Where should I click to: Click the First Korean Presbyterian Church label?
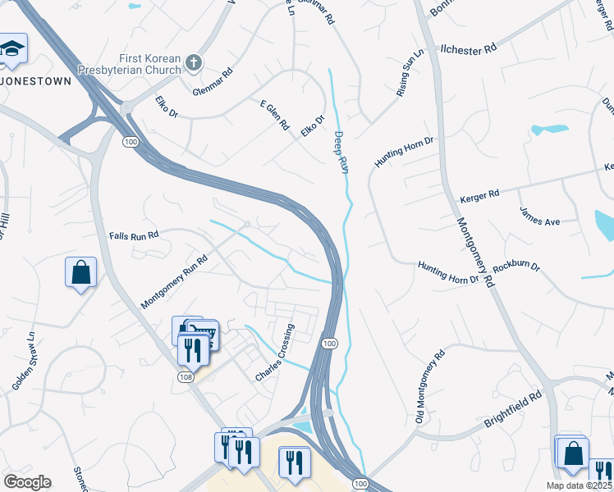130,64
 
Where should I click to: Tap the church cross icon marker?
193,62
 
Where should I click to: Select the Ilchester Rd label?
469,49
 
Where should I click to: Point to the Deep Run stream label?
341,152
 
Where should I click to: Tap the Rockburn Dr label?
518,266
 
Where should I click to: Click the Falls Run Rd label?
133,235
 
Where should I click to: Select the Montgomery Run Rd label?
174,280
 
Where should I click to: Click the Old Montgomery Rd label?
429,387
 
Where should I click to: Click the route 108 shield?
187,375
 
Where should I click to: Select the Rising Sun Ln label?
410,73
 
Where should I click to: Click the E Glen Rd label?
275,117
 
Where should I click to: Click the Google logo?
27,482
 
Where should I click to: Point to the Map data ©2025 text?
580,485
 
